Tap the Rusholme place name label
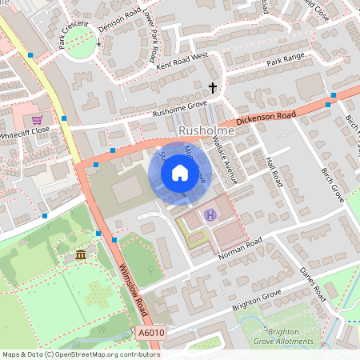click(x=207, y=130)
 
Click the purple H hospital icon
click(x=210, y=214)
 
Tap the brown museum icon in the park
click(x=81, y=254)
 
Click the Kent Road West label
click(x=182, y=61)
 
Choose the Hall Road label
click(x=274, y=174)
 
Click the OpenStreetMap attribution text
click(x=80, y=354)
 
